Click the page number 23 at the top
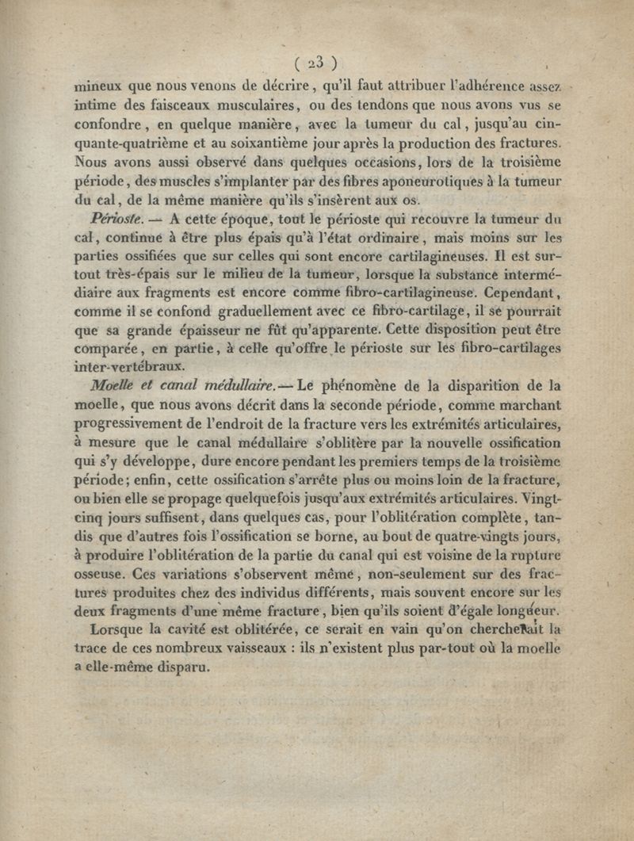click(316, 63)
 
